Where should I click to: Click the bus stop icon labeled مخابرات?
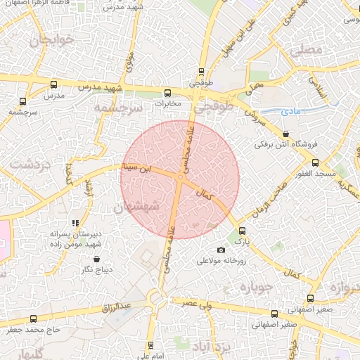pyautogui.click(x=167, y=93)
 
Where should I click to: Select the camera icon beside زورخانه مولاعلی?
pyautogui.click(x=221, y=250)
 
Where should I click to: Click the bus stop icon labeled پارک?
pyautogui.click(x=243, y=231)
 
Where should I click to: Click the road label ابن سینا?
pyautogui.click(x=136, y=168)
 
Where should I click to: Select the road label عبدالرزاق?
pyautogui.click(x=116, y=307)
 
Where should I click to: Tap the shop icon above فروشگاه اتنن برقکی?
pyautogui.click(x=285, y=134)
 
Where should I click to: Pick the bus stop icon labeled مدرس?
pyautogui.click(x=54, y=84)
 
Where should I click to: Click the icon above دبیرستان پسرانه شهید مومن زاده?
pyautogui.click(x=75, y=223)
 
